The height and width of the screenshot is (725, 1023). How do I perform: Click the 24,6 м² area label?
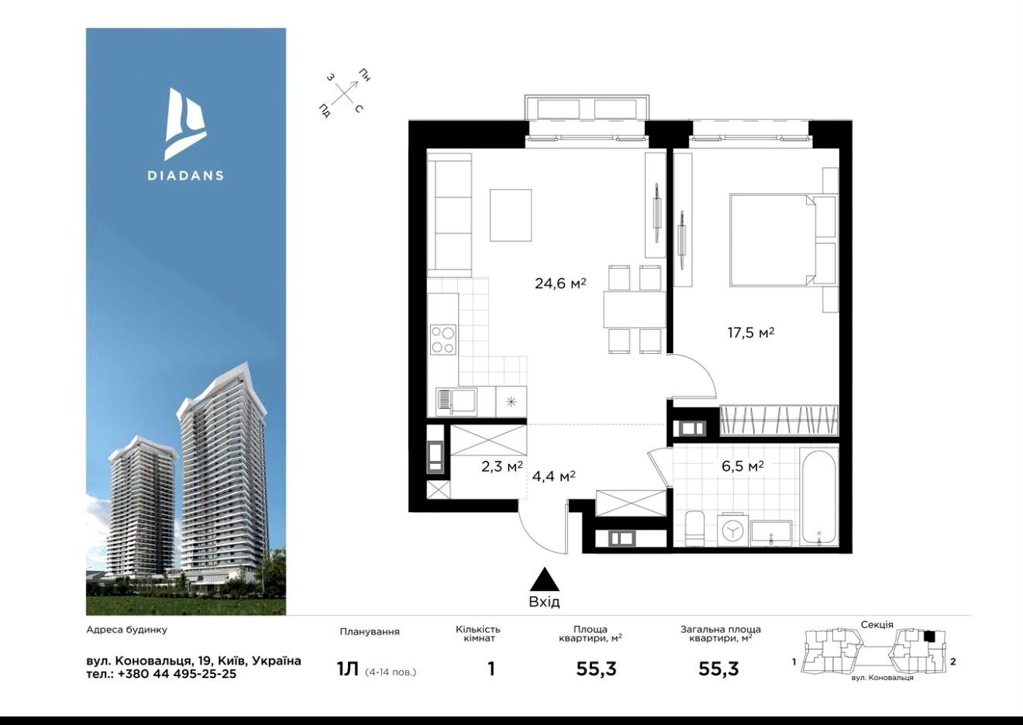(x=560, y=283)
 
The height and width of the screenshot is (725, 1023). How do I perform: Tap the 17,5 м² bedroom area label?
(x=751, y=332)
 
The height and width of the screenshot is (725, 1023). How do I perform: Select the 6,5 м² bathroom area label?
(x=743, y=466)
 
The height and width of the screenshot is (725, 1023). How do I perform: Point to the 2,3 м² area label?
(x=502, y=466)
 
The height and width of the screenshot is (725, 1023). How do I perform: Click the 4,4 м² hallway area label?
(x=553, y=476)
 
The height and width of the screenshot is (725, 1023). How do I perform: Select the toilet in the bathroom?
(x=695, y=529)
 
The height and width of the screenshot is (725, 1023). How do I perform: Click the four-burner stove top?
(x=443, y=340)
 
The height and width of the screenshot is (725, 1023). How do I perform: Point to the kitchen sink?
(x=456, y=402)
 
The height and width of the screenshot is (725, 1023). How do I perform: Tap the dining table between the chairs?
(x=635, y=310)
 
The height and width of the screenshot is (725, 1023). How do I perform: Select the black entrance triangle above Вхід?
(x=544, y=580)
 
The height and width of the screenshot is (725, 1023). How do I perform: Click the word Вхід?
(x=544, y=602)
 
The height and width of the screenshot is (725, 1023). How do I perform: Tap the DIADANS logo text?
(x=185, y=175)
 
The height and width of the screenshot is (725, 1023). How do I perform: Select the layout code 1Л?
(x=347, y=669)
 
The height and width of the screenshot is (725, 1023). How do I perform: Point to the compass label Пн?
(x=364, y=75)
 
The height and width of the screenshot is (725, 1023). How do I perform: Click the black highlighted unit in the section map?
(x=929, y=636)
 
